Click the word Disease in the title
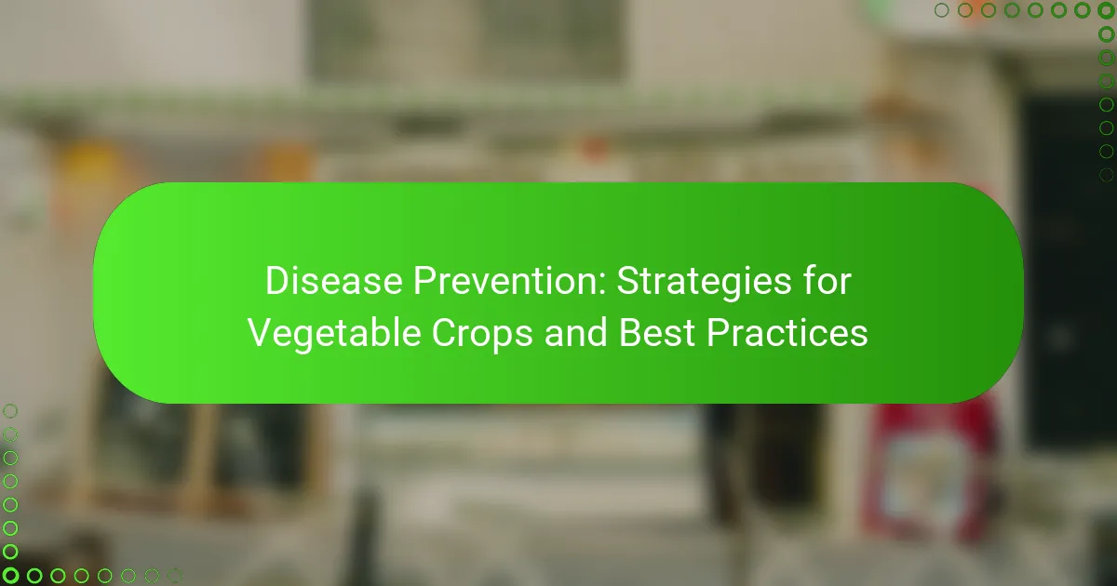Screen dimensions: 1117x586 click(333, 281)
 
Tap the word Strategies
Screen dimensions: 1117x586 click(704, 282)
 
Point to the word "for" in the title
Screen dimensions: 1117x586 click(827, 281)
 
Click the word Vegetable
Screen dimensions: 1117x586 click(334, 334)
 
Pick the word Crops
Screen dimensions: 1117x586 click(482, 334)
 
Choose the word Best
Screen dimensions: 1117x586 click(657, 332)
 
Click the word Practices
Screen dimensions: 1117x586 click(787, 332)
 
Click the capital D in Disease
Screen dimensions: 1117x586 click(278, 281)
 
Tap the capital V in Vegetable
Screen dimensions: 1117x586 click(262, 332)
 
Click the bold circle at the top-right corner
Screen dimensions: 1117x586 click(1106, 10)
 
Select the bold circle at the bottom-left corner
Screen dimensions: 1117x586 click(10, 576)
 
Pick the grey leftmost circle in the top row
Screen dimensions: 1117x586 click(941, 10)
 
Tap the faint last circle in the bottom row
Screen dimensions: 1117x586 click(175, 576)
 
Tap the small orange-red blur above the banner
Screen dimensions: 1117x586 click(595, 147)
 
